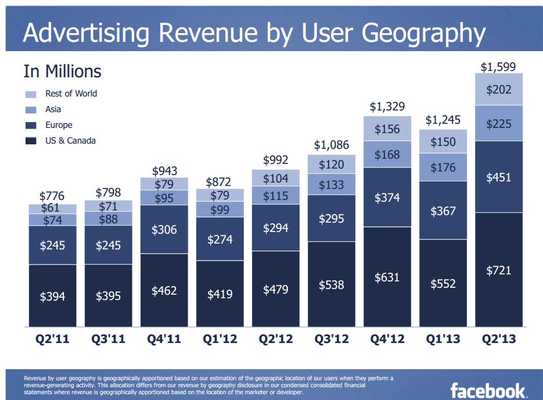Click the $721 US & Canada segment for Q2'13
click(x=499, y=270)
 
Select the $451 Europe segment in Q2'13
click(x=499, y=177)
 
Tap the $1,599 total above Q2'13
click(x=498, y=67)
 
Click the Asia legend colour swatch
click(x=31, y=109)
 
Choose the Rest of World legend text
click(x=71, y=94)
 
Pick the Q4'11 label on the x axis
click(x=164, y=340)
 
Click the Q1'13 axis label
click(x=443, y=340)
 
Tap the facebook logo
click(x=488, y=390)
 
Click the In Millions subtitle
click(x=62, y=72)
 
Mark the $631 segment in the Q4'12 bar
click(x=387, y=277)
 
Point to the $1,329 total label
click(x=387, y=106)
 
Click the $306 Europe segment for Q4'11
click(x=164, y=230)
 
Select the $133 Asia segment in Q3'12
click(x=331, y=185)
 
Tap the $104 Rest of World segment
click(x=275, y=178)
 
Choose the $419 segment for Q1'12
click(x=220, y=294)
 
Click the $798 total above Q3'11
click(x=108, y=192)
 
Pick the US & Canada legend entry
click(x=70, y=141)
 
